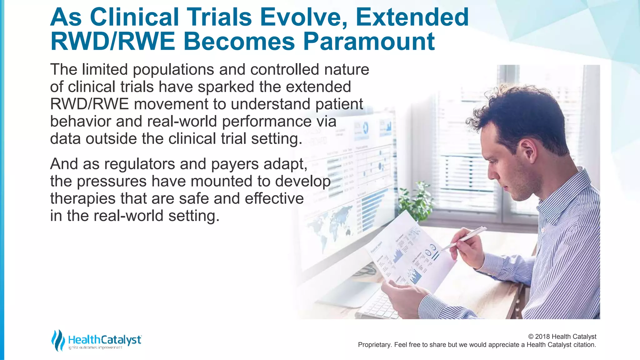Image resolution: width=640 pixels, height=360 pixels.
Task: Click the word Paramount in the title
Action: click(369, 42)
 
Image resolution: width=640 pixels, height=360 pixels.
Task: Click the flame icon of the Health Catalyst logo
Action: click(58, 340)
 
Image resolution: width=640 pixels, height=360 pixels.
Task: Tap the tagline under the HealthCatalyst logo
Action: click(95, 347)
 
